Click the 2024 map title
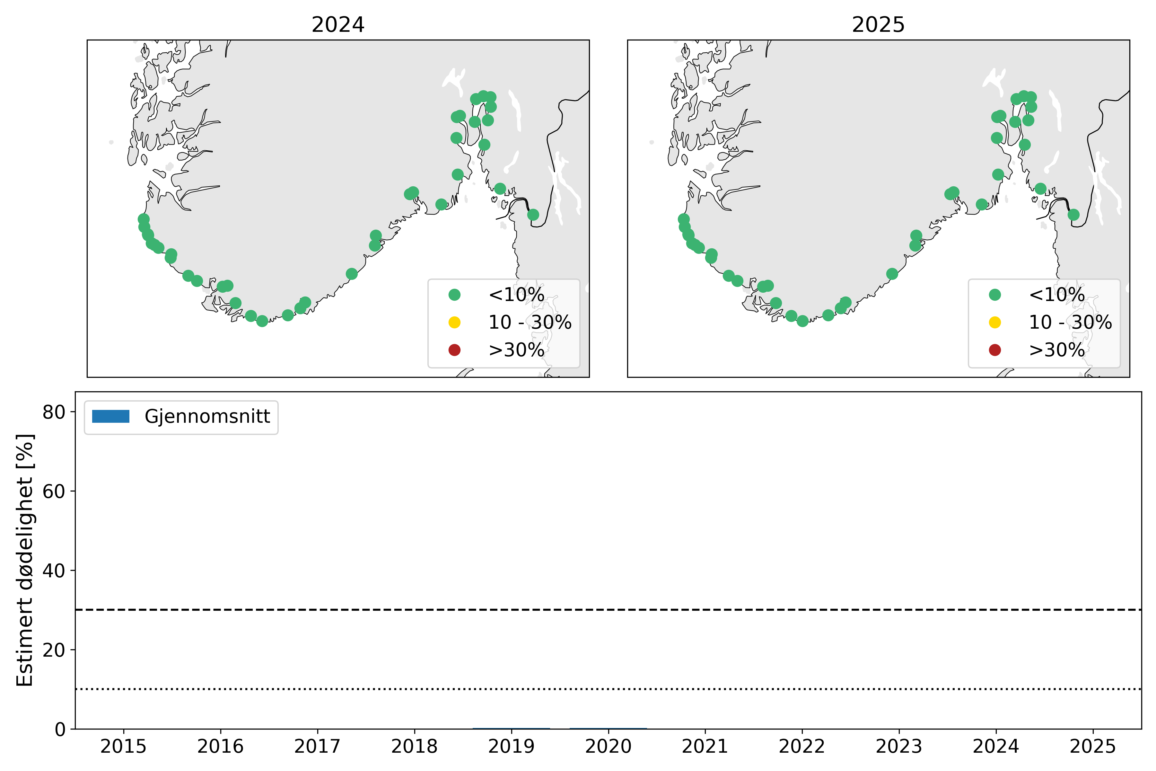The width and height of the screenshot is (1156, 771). (338, 25)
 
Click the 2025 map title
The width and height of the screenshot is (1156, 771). (878, 25)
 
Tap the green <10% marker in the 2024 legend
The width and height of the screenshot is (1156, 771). (455, 295)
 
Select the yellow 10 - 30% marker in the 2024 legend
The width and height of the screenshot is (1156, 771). (455, 322)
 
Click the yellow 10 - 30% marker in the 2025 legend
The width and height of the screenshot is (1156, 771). (995, 322)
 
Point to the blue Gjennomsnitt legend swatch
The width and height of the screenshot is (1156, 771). (110, 416)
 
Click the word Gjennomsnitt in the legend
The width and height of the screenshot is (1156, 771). (207, 416)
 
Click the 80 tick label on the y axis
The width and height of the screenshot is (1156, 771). (54, 412)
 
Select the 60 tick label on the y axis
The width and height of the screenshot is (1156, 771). (54, 491)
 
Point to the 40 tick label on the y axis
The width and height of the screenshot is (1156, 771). (54, 571)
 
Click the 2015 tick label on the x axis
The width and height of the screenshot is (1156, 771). (123, 746)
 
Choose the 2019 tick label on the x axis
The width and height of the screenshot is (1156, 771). (511, 746)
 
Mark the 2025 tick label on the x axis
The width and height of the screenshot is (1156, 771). (1093, 746)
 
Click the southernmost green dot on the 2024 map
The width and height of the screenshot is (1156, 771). (262, 321)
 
